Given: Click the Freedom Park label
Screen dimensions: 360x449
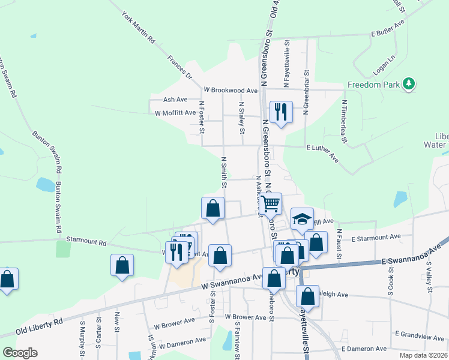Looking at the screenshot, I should click(x=373, y=85).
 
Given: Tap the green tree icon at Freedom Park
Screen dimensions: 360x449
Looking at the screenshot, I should click(x=409, y=83).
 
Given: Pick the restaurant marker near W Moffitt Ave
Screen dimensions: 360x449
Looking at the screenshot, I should click(x=280, y=112).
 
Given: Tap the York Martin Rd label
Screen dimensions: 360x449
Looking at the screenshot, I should click(x=139, y=28).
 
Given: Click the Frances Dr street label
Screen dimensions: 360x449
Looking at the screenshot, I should click(x=179, y=68).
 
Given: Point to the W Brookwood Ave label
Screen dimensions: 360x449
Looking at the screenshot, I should click(x=231, y=90).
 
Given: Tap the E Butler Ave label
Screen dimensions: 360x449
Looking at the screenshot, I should click(x=389, y=34).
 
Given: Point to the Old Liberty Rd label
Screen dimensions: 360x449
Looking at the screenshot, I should click(x=39, y=331).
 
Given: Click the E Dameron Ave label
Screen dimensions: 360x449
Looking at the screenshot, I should click(x=364, y=349).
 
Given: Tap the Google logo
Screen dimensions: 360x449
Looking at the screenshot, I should click(x=20, y=353).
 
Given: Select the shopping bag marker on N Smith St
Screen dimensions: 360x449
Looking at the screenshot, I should click(x=212, y=208).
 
